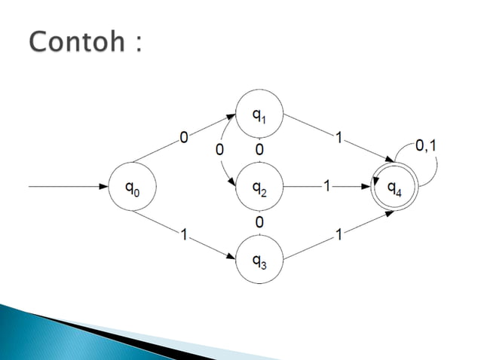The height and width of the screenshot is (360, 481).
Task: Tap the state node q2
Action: click(x=260, y=188)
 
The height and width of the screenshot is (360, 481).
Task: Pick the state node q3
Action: click(x=260, y=261)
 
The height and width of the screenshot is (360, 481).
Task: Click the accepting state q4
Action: click(x=394, y=188)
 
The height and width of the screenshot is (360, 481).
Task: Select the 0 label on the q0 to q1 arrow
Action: click(x=183, y=136)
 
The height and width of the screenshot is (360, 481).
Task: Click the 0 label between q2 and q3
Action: click(x=259, y=223)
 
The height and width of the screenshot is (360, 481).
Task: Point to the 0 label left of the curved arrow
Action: click(x=219, y=150)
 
